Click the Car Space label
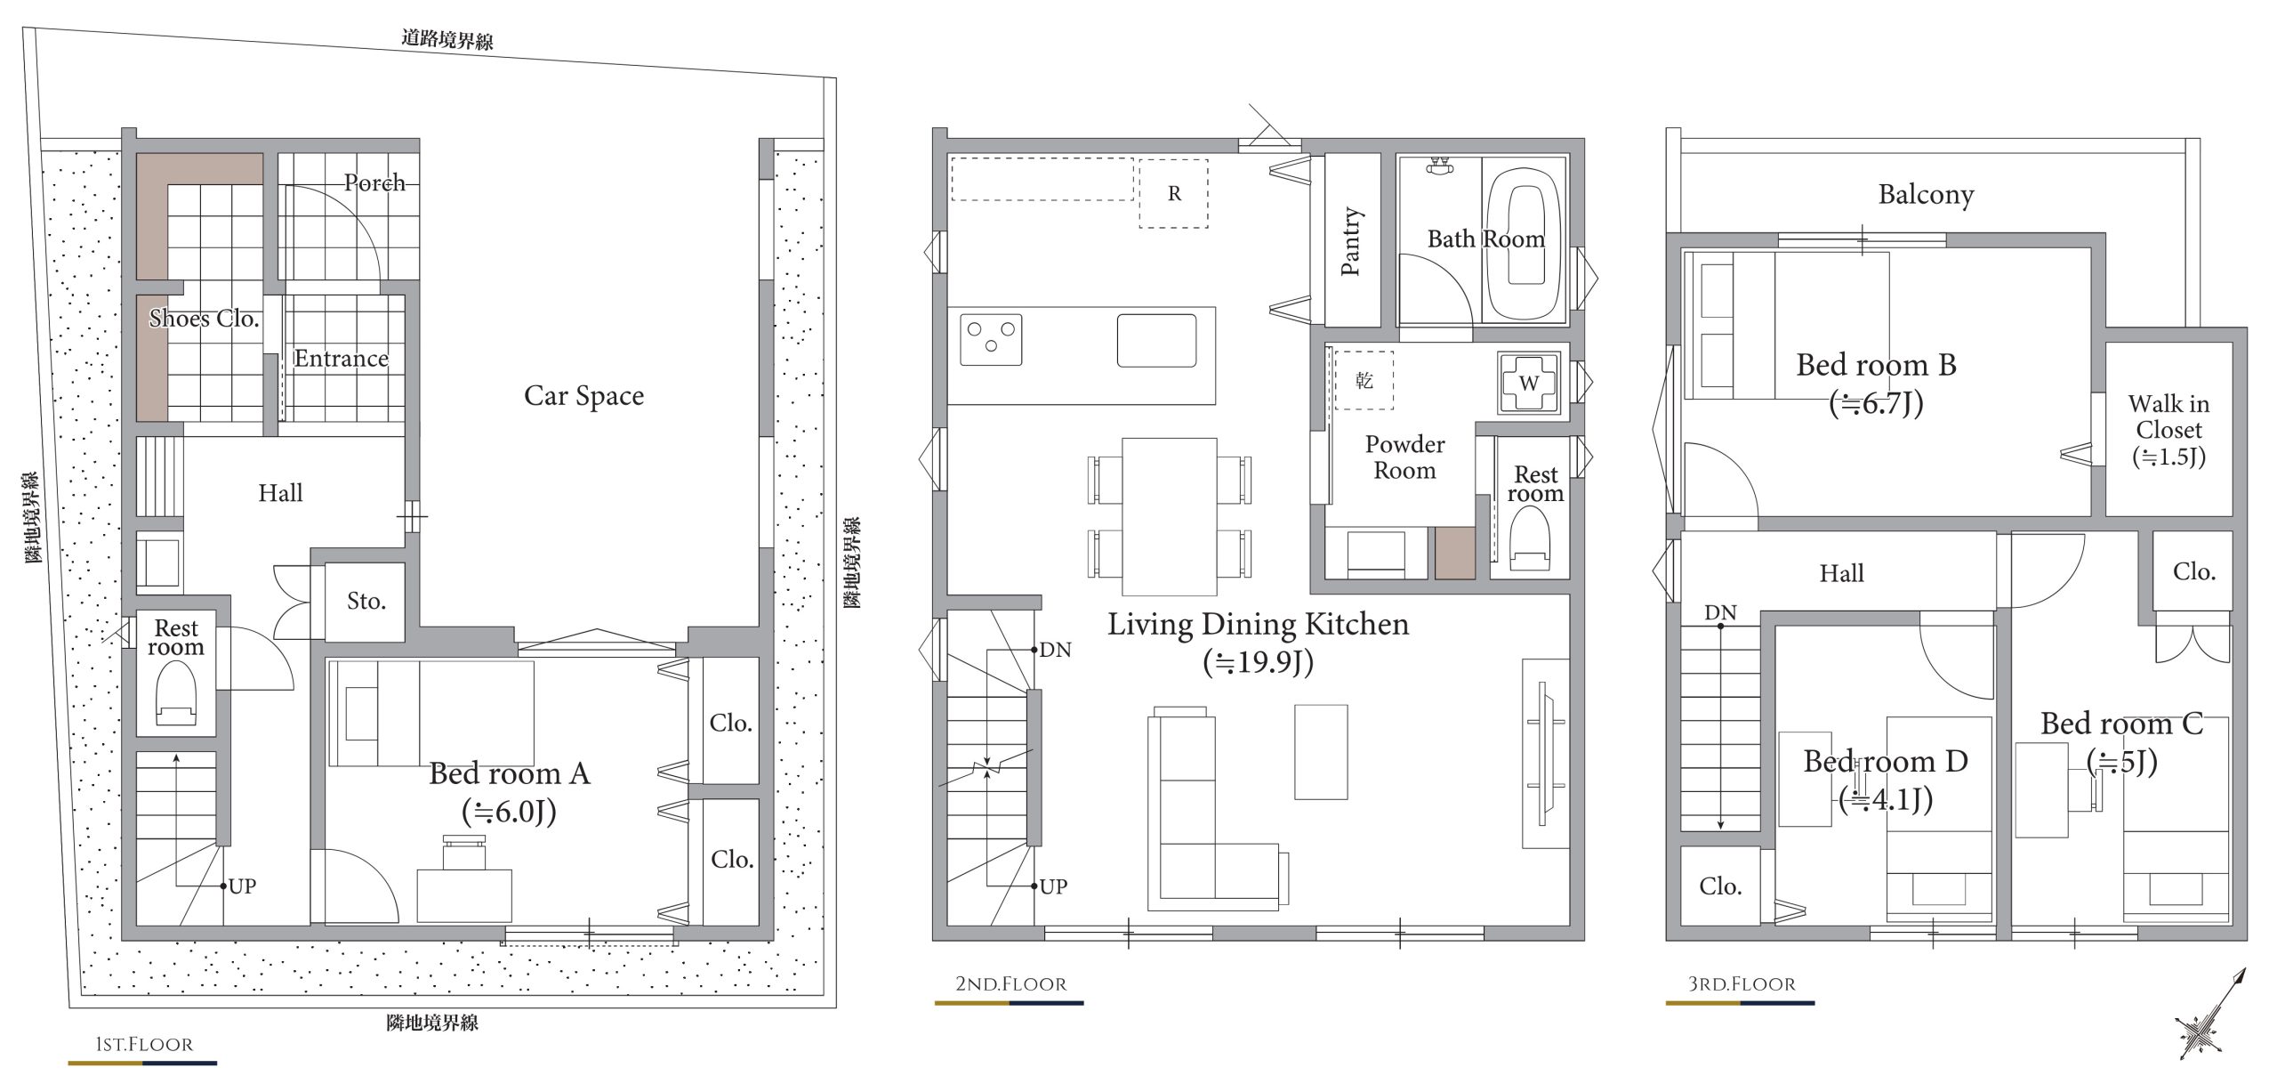583,396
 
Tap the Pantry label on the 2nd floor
1350,241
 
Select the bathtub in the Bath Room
1526,240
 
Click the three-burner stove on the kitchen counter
991,339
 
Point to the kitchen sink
1156,340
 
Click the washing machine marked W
1529,383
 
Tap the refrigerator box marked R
1174,194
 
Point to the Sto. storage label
366,602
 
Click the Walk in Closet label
2168,431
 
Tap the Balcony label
1926,195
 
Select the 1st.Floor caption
144,1044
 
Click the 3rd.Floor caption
1742,983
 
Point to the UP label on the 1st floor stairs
242,886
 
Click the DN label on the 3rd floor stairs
1720,613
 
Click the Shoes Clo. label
204,319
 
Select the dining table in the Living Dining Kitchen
1169,516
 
